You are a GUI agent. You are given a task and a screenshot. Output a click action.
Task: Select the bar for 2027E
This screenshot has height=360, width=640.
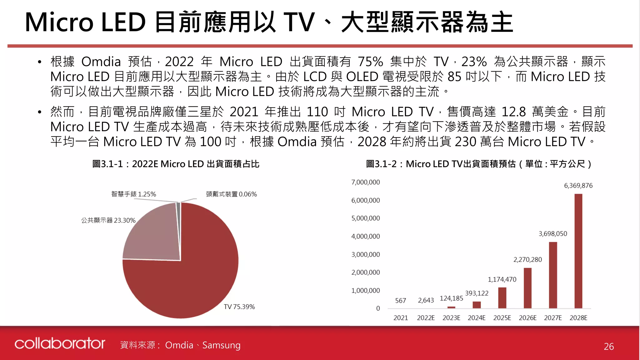tap(553, 275)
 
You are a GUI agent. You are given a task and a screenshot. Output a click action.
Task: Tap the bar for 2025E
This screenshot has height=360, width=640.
tap(502, 298)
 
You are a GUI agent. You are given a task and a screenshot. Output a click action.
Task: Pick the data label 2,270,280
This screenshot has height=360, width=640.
tap(527, 260)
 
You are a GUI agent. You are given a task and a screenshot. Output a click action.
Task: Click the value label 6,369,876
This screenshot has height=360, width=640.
tap(578, 186)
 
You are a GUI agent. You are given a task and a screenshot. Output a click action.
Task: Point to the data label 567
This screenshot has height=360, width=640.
tap(400, 301)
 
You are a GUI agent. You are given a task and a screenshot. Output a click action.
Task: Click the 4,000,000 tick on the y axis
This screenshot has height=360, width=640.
tap(365, 237)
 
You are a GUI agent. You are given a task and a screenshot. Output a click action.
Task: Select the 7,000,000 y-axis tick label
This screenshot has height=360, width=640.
tap(365, 182)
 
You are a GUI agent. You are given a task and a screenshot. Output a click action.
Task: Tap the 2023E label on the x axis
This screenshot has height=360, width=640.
tap(451, 318)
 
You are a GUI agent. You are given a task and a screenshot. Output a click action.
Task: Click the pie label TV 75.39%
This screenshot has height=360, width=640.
tap(239, 307)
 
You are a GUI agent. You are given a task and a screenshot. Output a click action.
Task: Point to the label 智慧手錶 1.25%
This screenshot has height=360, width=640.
tap(133, 194)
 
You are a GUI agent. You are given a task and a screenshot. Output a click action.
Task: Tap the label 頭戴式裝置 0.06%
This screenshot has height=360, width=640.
tap(231, 194)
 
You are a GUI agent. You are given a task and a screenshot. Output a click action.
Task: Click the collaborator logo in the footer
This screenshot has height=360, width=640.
tap(60, 343)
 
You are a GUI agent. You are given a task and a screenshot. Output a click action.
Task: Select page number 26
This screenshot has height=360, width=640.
tap(608, 347)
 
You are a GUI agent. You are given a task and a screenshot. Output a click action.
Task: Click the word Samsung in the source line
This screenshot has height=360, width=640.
tap(221, 345)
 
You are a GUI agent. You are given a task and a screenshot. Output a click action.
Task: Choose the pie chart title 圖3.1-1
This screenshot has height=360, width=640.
tap(176, 164)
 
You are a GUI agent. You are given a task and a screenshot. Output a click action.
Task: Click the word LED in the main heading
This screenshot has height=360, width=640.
tap(123, 22)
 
